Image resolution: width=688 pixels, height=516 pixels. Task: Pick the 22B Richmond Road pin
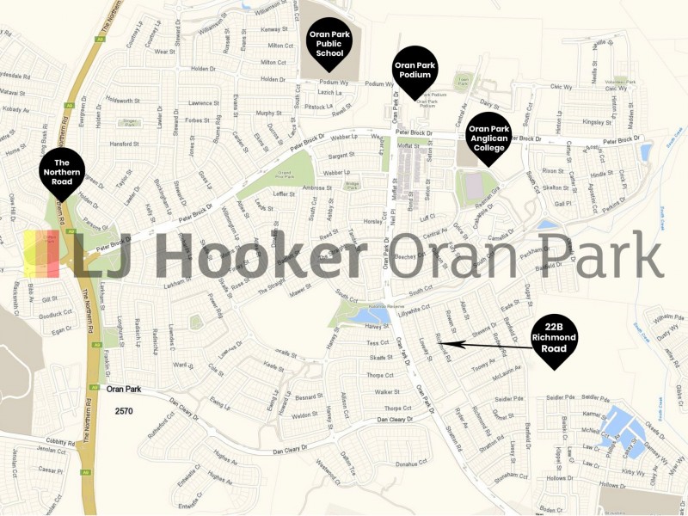point(554,338)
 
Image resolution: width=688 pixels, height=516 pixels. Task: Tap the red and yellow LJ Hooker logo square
point(41,255)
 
